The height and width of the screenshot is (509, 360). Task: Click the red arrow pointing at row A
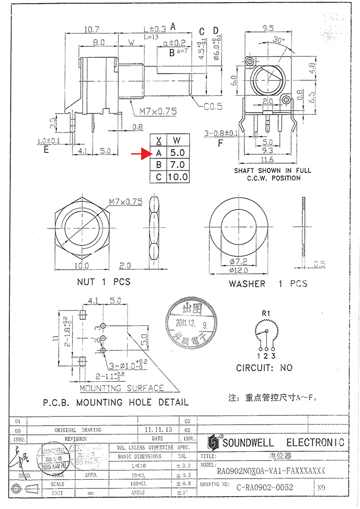coord(139,153)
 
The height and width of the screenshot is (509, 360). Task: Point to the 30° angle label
coord(279,40)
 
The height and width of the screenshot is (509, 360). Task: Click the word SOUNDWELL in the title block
coord(250,443)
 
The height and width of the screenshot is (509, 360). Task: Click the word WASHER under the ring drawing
coord(247,284)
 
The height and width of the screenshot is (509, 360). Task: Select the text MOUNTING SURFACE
coord(122,388)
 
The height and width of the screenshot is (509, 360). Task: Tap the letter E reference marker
coord(46,150)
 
